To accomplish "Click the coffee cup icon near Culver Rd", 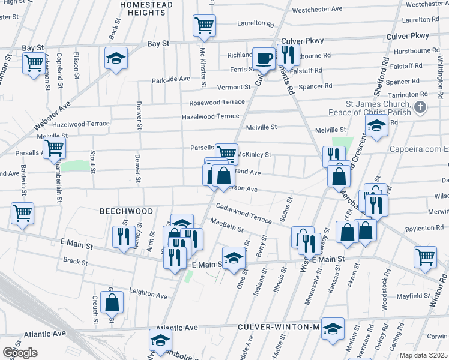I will (263, 58).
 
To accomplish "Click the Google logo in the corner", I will (20, 352).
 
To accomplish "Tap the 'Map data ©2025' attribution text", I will (423, 355).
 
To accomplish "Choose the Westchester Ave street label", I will (317, 10).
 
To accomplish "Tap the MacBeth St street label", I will (227, 228).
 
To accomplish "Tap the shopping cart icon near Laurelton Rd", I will (204, 25).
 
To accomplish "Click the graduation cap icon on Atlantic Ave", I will (161, 340).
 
